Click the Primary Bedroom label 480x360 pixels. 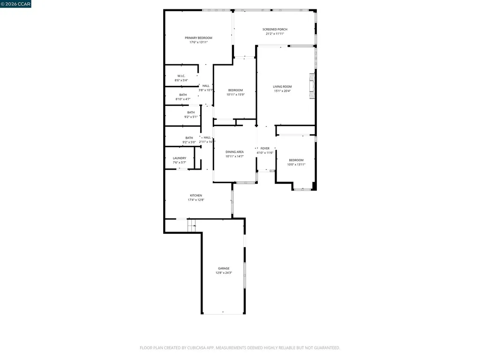pyautogui.click(x=198, y=38)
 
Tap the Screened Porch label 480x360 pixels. pyautogui.click(x=275, y=30)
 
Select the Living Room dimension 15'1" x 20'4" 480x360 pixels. pyautogui.click(x=283, y=91)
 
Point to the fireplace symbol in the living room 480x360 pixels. pyautogui.click(x=311, y=86)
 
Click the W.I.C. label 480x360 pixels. pyautogui.click(x=181, y=76)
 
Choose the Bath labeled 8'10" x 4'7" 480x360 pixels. pyautogui.click(x=183, y=95)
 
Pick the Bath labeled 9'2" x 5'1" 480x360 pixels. pyautogui.click(x=191, y=112)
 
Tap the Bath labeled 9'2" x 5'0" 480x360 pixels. pyautogui.click(x=189, y=138)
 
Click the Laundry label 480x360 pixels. pyautogui.click(x=180, y=158)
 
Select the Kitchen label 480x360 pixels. pyautogui.click(x=196, y=195)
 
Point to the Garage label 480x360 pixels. pyautogui.click(x=224, y=269)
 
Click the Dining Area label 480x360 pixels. pyautogui.click(x=234, y=152)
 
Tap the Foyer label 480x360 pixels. pyautogui.click(x=265, y=148)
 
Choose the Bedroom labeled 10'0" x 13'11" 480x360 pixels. pyautogui.click(x=296, y=160)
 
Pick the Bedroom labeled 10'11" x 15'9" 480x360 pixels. pyautogui.click(x=236, y=90)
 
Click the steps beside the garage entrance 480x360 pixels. pyautogui.click(x=192, y=225)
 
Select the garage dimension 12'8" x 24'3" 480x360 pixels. pyautogui.click(x=224, y=273)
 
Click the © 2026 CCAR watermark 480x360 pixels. pyautogui.click(x=16, y=4)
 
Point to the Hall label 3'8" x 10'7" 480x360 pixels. pyautogui.click(x=206, y=86)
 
